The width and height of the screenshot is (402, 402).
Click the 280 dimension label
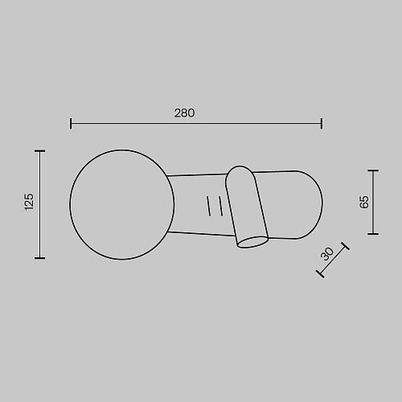(x=184, y=113)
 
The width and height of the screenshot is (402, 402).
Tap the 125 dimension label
(x=29, y=202)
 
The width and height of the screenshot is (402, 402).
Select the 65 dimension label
(x=364, y=202)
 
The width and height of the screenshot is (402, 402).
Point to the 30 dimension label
(x=327, y=254)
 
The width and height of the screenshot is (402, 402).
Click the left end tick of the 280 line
(x=71, y=123)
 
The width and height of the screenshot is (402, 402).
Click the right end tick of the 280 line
(x=322, y=123)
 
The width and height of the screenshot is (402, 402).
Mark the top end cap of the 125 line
(x=40, y=151)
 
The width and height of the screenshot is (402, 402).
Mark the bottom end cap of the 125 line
(x=40, y=258)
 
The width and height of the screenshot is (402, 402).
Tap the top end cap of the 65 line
(x=373, y=170)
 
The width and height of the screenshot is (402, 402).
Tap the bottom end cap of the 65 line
(x=373, y=234)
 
